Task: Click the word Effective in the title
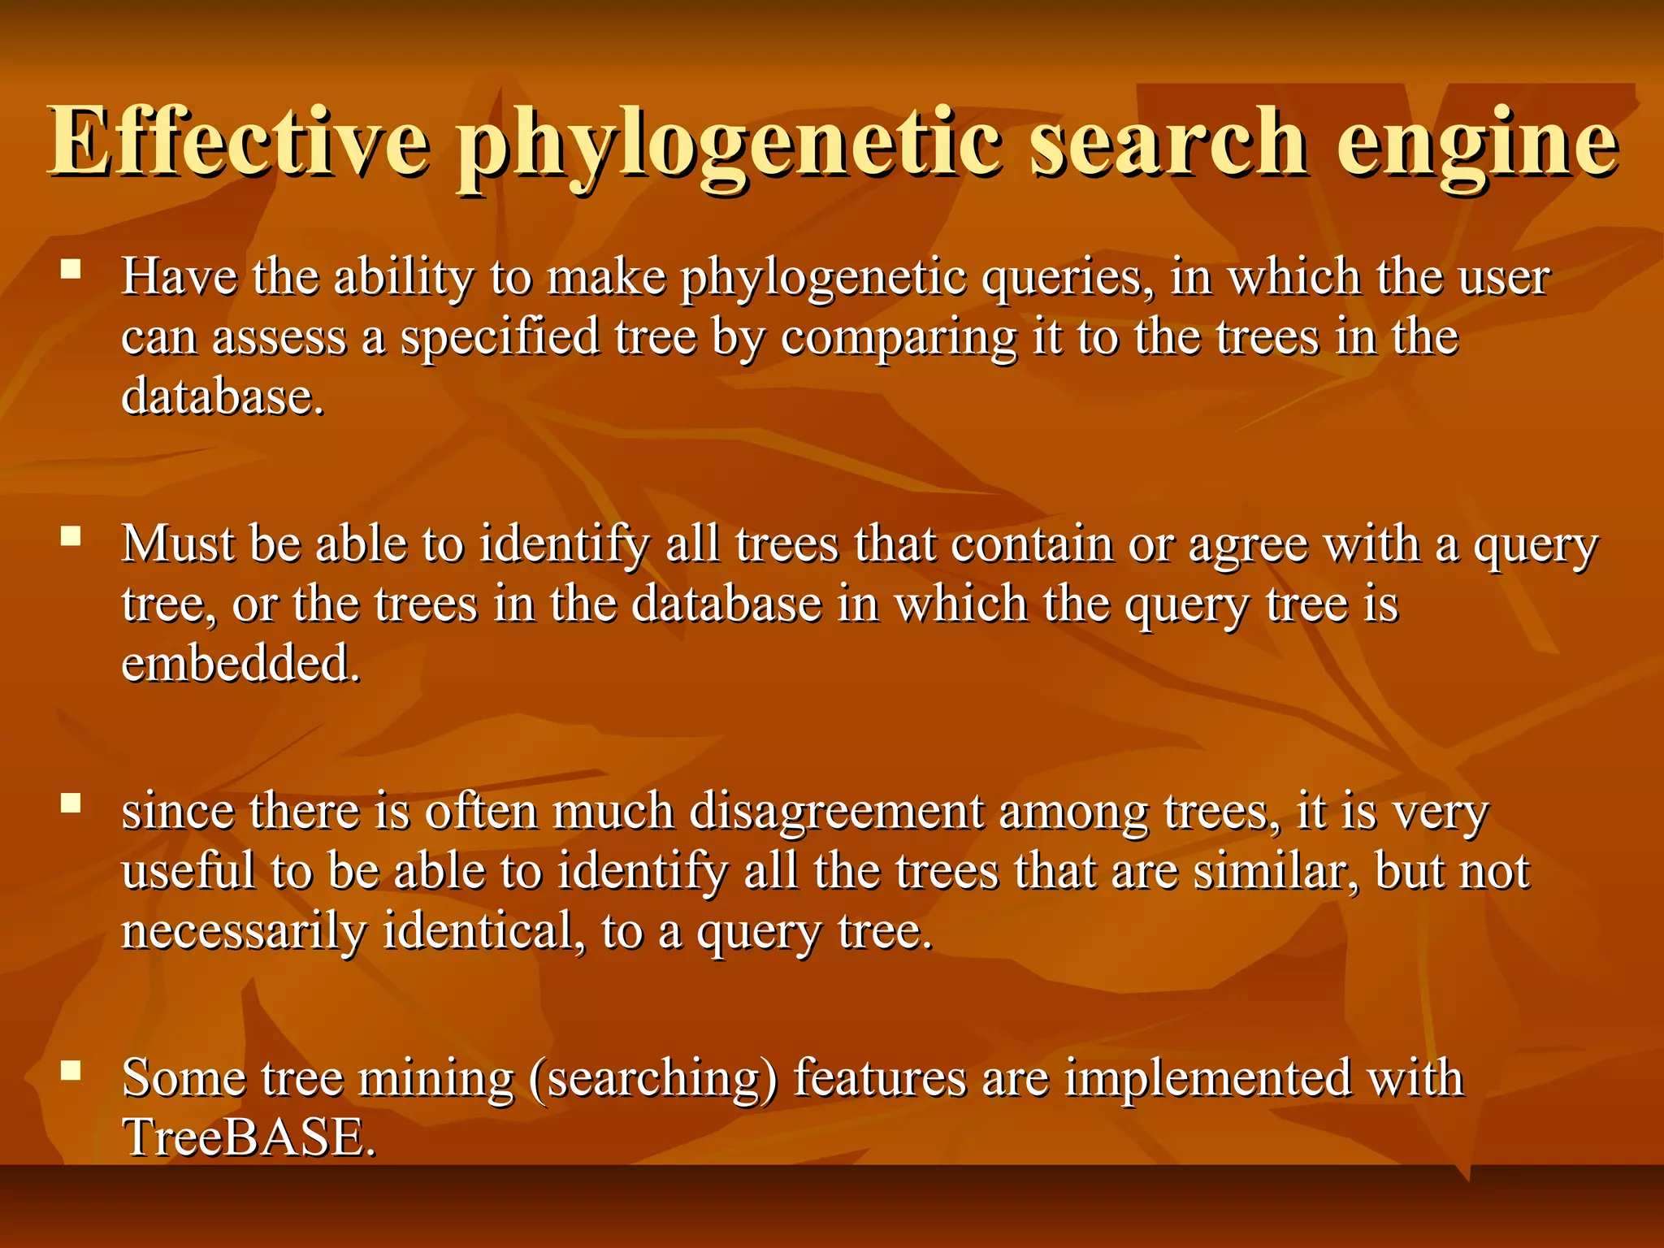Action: (239, 142)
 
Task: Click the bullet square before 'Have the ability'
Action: (71, 269)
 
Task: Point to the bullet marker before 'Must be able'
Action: (71, 535)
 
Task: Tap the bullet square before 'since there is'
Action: (71, 803)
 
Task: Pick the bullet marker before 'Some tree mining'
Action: (71, 1070)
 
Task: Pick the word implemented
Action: (1207, 1080)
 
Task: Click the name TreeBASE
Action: (248, 1137)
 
